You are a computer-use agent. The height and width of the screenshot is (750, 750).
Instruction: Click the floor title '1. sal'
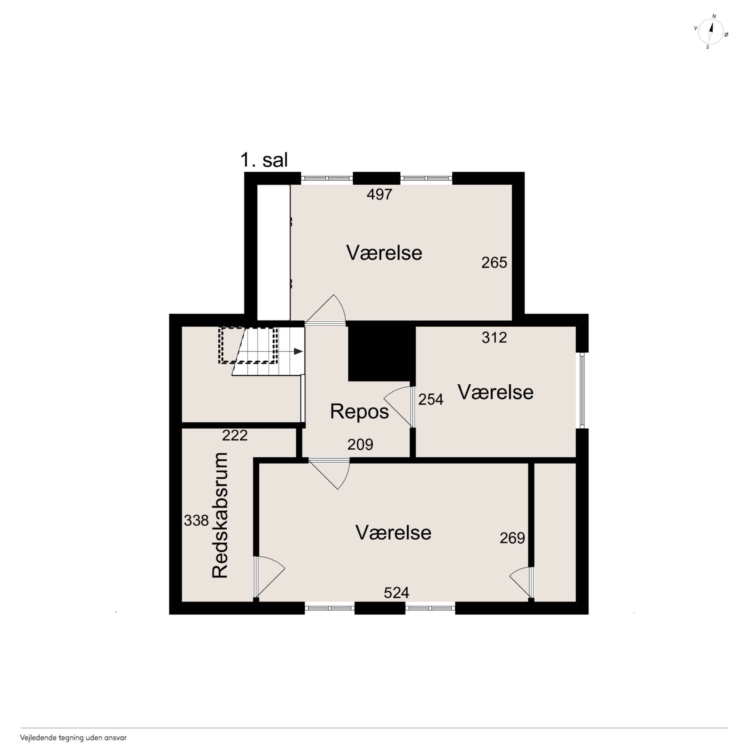(x=264, y=160)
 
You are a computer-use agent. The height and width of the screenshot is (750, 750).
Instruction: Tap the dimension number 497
(x=380, y=194)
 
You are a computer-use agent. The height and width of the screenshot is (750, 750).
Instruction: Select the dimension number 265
(x=494, y=263)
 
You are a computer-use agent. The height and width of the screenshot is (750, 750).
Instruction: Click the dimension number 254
(x=430, y=400)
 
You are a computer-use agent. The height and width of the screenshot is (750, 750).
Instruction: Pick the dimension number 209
(x=360, y=445)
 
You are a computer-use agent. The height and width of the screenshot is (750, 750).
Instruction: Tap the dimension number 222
(x=235, y=435)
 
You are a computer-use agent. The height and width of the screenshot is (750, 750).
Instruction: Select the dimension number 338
(x=196, y=521)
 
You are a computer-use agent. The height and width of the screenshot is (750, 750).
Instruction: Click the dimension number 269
(x=512, y=538)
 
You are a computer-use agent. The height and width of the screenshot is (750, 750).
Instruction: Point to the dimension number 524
(x=397, y=593)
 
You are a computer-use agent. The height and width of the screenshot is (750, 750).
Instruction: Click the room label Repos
(x=359, y=412)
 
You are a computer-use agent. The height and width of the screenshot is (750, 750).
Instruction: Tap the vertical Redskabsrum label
(x=220, y=515)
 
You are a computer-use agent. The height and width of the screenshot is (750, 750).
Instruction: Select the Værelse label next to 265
(x=384, y=253)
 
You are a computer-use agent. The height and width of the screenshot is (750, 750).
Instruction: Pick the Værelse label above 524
(x=393, y=532)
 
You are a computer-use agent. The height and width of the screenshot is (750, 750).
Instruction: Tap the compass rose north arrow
(x=712, y=31)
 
